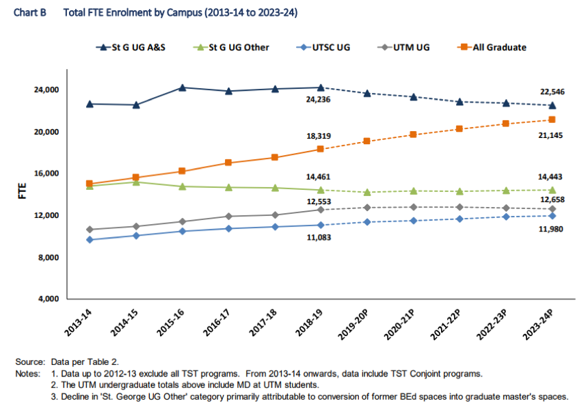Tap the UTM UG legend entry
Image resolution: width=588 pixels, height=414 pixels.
point(409,47)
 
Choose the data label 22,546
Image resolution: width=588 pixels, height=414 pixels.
point(552,92)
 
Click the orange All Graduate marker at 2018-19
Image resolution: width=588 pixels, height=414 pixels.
point(320,149)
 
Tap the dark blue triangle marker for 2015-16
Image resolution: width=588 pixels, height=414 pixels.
point(182,87)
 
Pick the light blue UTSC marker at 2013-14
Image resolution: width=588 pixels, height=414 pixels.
point(90,240)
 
